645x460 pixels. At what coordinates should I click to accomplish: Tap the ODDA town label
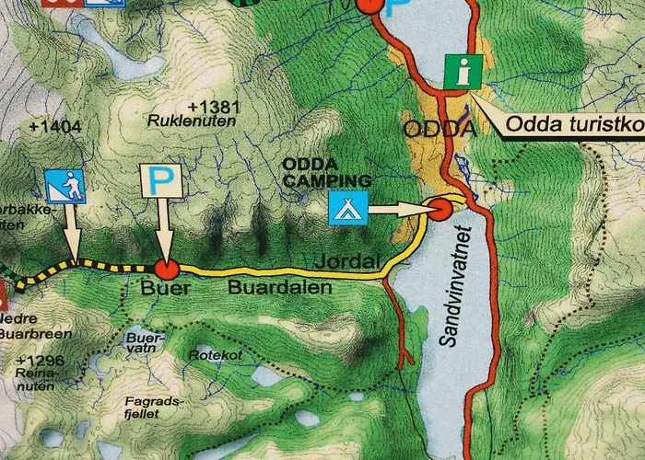(x=440, y=129)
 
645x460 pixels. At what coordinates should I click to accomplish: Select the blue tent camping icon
(x=349, y=208)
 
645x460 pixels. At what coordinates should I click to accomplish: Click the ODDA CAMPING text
(x=327, y=172)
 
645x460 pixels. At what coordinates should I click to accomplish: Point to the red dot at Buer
(x=166, y=269)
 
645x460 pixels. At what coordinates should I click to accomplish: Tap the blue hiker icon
(x=64, y=187)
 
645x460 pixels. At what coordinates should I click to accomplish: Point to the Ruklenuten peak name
(x=193, y=121)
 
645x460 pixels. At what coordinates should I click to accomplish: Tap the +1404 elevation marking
(x=49, y=127)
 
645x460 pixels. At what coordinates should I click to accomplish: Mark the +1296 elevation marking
(x=40, y=361)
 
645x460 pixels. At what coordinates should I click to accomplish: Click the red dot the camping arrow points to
(x=440, y=210)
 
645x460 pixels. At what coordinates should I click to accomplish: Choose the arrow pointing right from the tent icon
(x=398, y=210)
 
